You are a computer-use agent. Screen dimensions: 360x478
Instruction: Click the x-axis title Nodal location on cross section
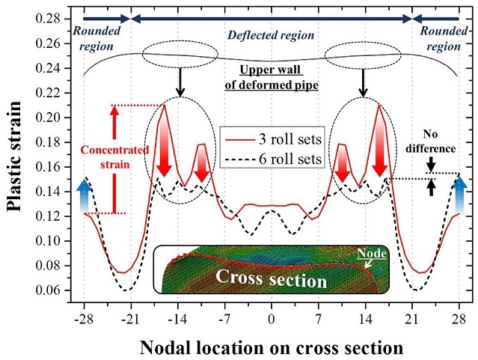(x=272, y=348)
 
